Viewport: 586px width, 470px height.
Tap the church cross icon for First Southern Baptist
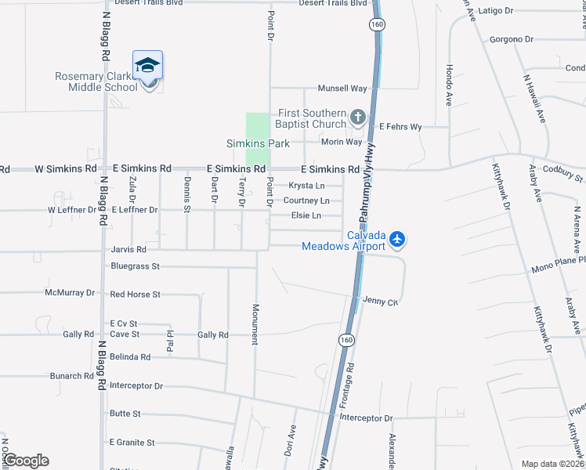click(x=358, y=118)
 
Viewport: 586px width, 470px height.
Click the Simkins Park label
click(x=258, y=143)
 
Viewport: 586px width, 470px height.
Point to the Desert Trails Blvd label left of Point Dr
click(x=148, y=3)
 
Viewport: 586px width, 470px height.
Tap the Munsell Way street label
click(x=342, y=89)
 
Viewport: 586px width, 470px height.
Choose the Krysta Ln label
click(x=306, y=186)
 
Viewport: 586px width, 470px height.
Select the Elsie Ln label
click(x=306, y=215)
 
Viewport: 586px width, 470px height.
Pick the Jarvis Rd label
click(x=128, y=250)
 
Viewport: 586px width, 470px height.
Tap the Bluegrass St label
click(x=135, y=266)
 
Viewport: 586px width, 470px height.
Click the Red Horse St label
click(x=135, y=295)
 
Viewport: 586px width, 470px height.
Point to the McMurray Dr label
click(x=70, y=293)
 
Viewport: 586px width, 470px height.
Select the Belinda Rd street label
click(x=129, y=356)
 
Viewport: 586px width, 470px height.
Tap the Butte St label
click(x=125, y=414)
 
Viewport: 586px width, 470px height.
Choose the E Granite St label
click(x=132, y=443)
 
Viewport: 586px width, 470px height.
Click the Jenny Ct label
click(x=381, y=301)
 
